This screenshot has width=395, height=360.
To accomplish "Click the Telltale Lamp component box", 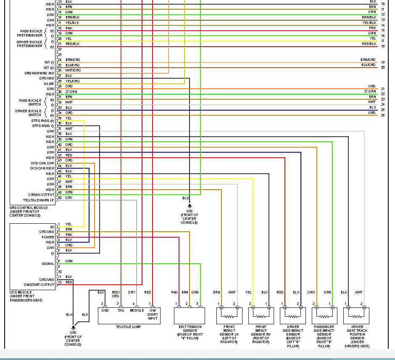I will coord(128,315).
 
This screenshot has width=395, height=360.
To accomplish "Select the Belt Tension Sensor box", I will coord(189,315).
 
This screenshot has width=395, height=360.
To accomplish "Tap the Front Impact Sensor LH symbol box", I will coord(229,315).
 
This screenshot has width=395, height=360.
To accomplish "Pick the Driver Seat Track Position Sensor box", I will coord(356,315).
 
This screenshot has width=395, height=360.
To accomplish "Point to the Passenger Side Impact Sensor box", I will coord(324,315).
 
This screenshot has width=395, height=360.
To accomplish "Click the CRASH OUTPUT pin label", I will coord(41,195).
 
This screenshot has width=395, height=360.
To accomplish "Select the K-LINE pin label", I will coord(49,84).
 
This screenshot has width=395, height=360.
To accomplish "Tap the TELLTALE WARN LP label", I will coord(38,200).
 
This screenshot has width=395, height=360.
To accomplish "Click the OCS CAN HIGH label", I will coord(42,168).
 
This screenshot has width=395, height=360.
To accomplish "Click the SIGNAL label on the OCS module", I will coord(47,264).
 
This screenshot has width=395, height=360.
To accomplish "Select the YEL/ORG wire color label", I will coord(72,81).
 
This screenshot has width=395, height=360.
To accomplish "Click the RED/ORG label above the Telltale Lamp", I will coord(116,294).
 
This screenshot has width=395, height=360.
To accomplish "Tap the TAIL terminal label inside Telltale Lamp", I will coord(121,310).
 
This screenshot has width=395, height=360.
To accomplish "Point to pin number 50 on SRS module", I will coord(59,198).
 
